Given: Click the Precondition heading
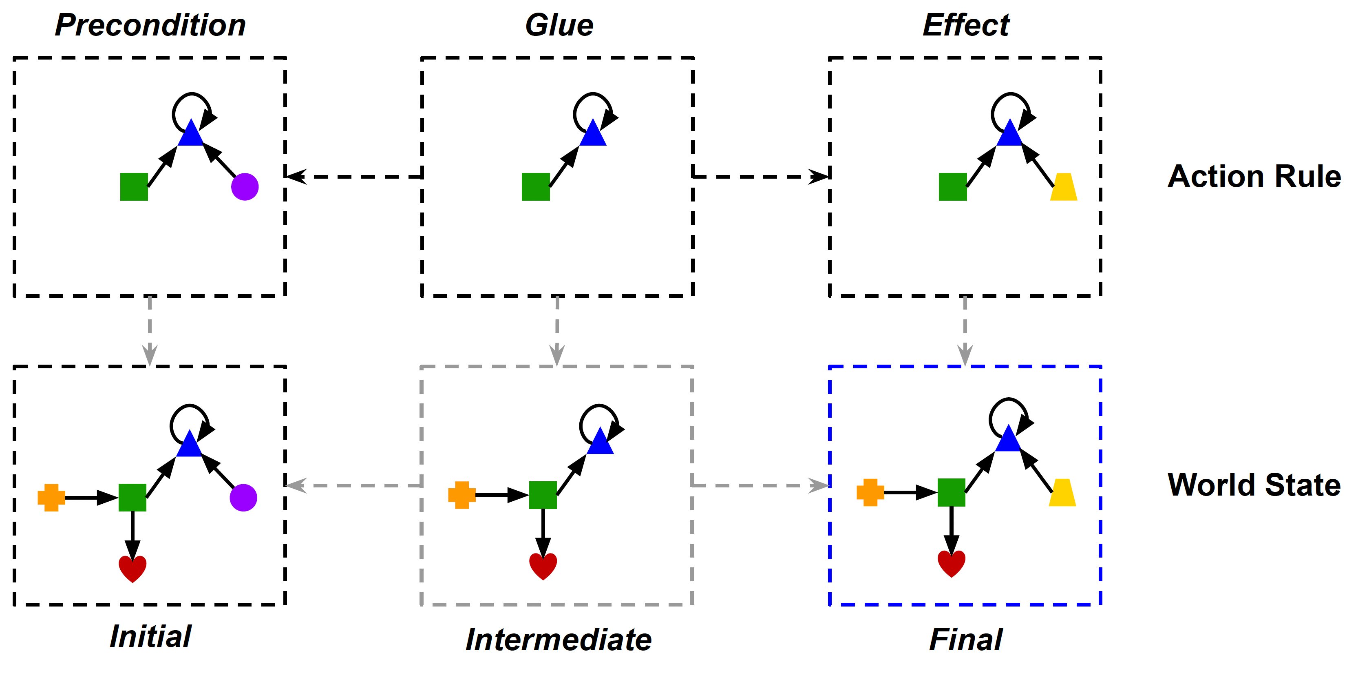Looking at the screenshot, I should coord(150,25).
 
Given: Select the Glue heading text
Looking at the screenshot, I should coord(559,25).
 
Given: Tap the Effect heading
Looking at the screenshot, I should coord(966,25).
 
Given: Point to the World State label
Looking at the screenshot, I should coord(1254,485).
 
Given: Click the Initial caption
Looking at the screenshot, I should coord(150,636).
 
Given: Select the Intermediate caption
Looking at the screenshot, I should coord(559,640).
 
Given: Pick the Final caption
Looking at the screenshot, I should coord(966,640).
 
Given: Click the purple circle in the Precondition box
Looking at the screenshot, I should coord(245,187).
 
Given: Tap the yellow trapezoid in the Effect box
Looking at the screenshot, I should coord(1064,188).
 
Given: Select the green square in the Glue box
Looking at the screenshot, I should coord(535,187).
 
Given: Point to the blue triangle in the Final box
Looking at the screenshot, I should coord(1008,440).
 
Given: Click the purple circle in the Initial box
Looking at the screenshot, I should coord(243,498).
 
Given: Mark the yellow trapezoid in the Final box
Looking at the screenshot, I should coord(1062,494).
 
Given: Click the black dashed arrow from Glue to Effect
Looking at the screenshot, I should coord(761,177).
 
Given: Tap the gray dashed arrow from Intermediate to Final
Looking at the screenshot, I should coord(761,486).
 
